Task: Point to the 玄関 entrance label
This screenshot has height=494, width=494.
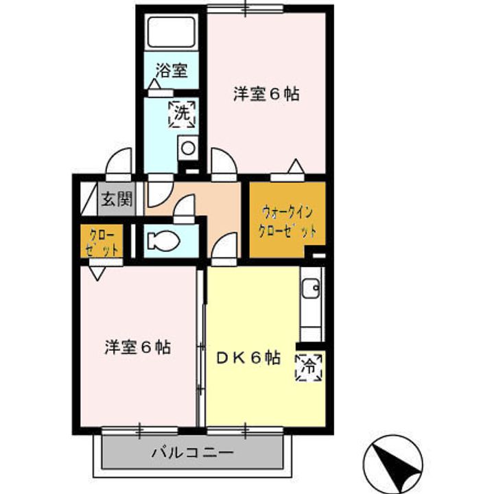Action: pyautogui.click(x=117, y=200)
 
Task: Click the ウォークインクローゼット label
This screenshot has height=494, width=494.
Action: pyautogui.click(x=287, y=221)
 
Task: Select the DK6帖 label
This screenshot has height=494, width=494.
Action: pyautogui.click(x=248, y=358)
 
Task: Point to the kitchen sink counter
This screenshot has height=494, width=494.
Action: pyautogui.click(x=311, y=302)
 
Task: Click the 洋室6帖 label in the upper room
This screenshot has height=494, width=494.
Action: pyautogui.click(x=266, y=95)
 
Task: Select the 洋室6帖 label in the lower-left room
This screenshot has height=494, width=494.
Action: pyautogui.click(x=138, y=347)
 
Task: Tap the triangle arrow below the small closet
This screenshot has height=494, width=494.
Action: pyautogui.click(x=96, y=272)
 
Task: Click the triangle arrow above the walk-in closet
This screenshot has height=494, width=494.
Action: pyautogui.click(x=295, y=167)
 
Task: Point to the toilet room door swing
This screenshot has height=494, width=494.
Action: pyautogui.click(x=184, y=209)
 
